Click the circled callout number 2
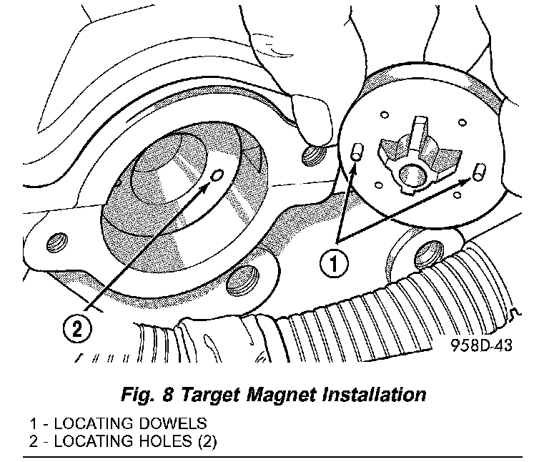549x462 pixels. tap(77, 328)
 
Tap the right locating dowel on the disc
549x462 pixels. tap(480, 172)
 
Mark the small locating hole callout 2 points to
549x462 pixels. tap(219, 174)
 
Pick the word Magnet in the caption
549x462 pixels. tap(280, 394)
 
